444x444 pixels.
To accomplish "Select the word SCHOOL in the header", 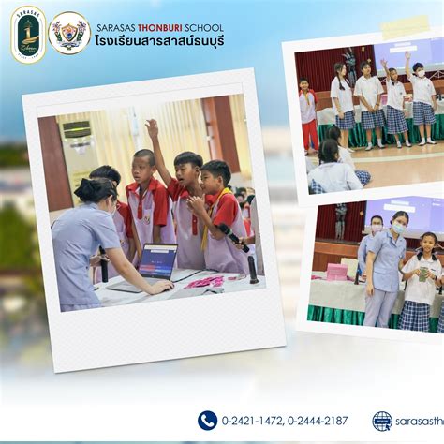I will (x=204, y=27).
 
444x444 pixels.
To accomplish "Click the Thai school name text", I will (x=159, y=42).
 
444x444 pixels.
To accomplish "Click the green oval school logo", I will (x=28, y=34).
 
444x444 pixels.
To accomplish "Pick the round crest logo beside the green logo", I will (x=69, y=33).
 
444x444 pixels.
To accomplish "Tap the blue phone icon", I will (x=207, y=421).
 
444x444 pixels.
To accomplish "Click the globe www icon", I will (x=382, y=421).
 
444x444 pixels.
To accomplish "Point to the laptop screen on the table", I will (x=157, y=261).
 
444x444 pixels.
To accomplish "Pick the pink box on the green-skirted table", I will (x=336, y=272).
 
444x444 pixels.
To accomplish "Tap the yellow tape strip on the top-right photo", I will (x=404, y=27).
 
